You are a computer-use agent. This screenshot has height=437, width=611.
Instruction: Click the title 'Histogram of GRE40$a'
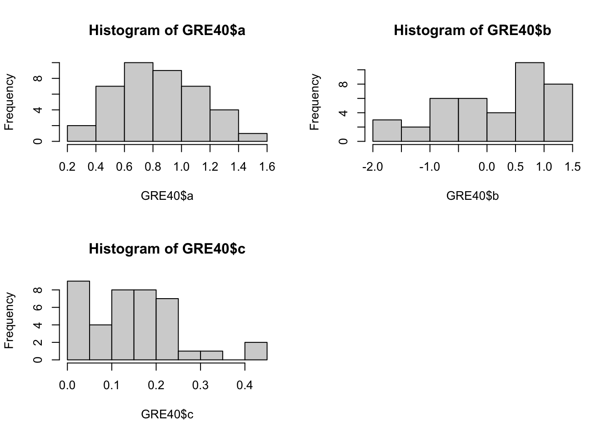point(167,30)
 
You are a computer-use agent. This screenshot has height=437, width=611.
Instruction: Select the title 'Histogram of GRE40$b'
point(472,30)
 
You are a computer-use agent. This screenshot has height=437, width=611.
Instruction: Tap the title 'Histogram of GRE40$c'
point(167,249)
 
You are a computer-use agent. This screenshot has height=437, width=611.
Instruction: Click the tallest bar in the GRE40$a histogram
point(139,102)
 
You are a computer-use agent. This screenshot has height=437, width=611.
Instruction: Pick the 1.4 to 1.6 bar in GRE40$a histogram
point(253,137)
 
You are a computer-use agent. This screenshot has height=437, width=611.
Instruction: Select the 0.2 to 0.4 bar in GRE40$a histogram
point(81,133)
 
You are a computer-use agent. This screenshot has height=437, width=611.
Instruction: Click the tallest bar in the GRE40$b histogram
point(530,102)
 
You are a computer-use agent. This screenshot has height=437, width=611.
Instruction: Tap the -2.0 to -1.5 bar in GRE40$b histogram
point(387,131)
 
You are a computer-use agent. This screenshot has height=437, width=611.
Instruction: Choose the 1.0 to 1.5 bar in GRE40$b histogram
point(558,113)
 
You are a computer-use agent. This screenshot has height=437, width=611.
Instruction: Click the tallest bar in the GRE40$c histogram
point(79,320)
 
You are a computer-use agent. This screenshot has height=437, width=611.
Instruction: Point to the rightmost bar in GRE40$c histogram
point(256,351)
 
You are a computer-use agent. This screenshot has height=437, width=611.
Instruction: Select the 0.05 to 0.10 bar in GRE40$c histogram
point(101,342)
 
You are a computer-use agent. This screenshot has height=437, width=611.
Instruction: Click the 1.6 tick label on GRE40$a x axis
point(267,167)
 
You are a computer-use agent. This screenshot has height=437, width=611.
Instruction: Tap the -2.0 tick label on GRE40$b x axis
point(372,167)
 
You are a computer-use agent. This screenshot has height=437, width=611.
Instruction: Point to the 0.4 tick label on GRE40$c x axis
point(245,386)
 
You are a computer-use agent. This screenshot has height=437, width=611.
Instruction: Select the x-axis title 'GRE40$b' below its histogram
point(472,196)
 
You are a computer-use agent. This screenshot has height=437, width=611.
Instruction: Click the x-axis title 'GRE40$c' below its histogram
point(167,415)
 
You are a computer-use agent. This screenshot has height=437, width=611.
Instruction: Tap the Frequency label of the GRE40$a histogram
point(10,102)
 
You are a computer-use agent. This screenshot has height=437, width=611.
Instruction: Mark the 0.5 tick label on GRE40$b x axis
point(516,167)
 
